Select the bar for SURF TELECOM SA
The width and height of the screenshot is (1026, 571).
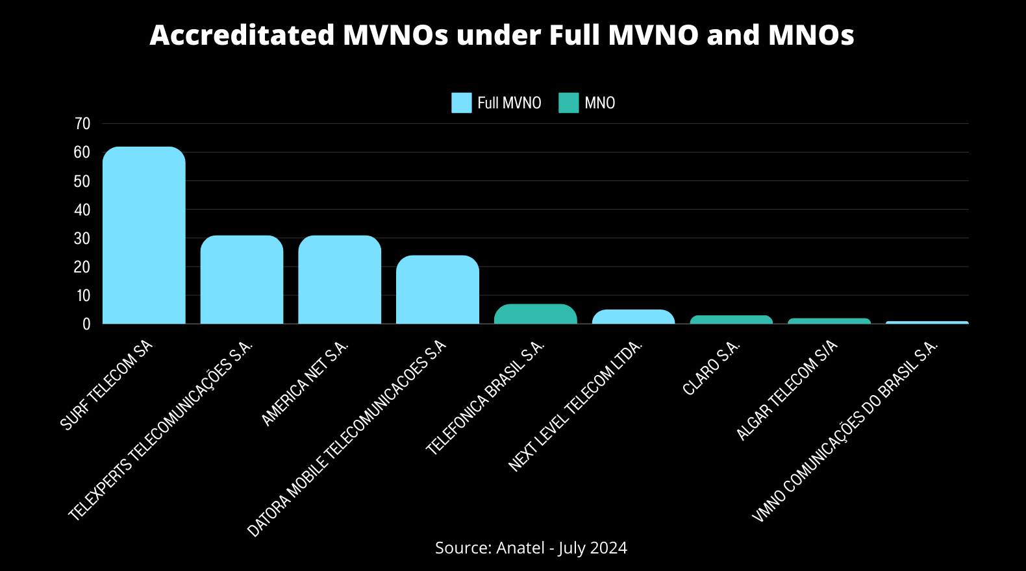[144, 236]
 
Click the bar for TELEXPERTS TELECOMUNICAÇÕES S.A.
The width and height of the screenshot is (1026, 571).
[242, 280]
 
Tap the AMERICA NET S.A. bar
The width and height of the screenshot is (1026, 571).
[340, 280]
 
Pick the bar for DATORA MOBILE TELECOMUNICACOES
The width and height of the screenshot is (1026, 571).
[438, 290]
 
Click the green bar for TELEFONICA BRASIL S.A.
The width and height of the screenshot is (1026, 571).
[536, 314]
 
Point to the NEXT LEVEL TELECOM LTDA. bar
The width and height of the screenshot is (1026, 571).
[633, 317]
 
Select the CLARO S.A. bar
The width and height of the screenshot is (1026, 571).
[731, 320]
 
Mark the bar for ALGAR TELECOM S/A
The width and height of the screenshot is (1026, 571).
[829, 321]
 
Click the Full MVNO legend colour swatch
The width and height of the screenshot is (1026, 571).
[462, 103]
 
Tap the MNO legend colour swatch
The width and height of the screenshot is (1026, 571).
[568, 103]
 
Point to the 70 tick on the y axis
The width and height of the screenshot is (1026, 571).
[82, 124]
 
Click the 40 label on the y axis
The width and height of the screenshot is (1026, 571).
[82, 210]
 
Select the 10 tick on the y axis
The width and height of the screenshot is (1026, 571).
[82, 296]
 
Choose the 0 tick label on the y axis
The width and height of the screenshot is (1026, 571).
[86, 324]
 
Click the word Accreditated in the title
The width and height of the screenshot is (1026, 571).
[242, 35]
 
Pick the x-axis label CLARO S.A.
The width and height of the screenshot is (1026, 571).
[712, 367]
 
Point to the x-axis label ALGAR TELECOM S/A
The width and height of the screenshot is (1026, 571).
[786, 391]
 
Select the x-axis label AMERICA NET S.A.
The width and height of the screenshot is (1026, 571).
[305, 383]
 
